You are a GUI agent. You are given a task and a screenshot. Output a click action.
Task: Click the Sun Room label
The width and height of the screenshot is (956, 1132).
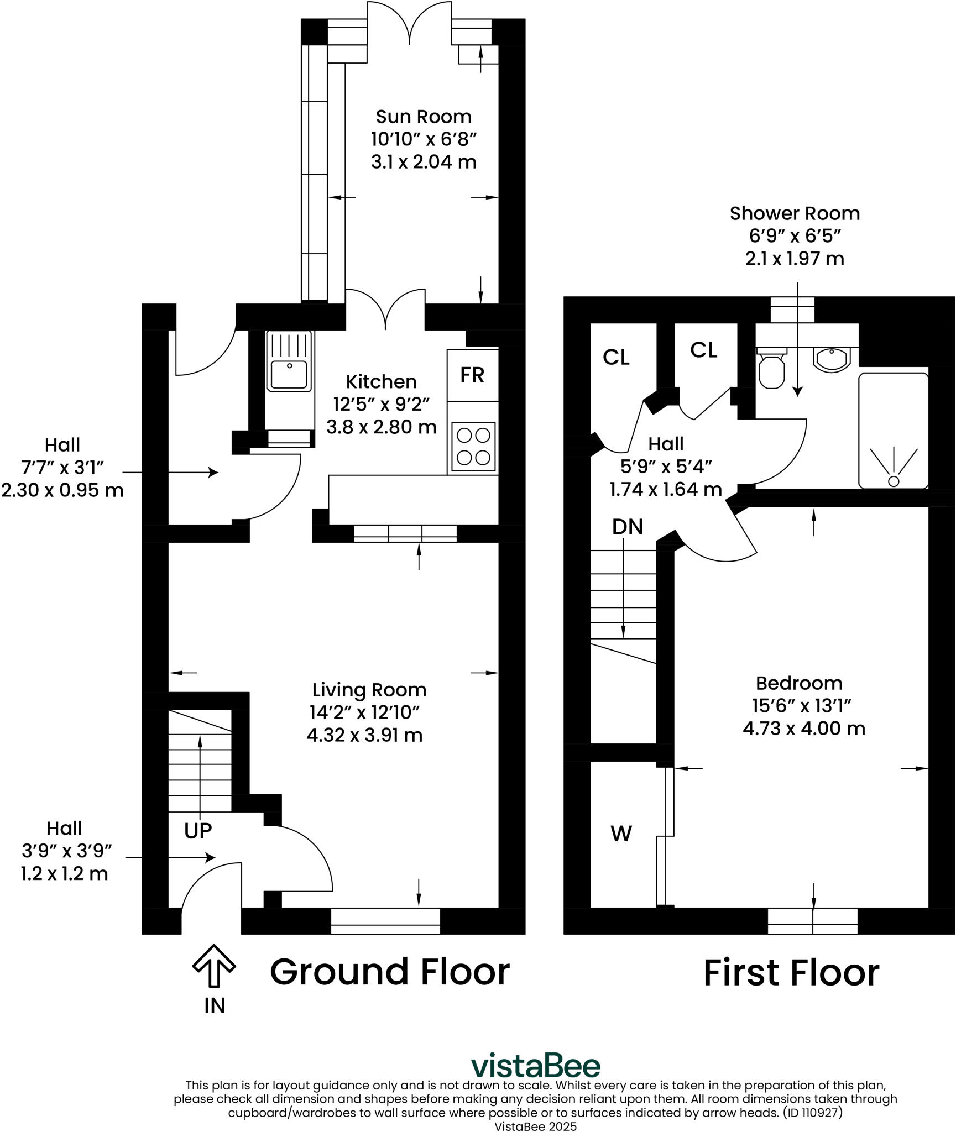tap(423, 117)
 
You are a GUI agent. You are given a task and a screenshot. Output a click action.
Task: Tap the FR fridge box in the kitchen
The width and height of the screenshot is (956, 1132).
tap(472, 375)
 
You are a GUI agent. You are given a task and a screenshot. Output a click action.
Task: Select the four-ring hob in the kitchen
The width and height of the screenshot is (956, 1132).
tap(473, 447)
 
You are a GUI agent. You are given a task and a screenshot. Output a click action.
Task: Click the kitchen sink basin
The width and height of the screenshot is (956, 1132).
tap(289, 374)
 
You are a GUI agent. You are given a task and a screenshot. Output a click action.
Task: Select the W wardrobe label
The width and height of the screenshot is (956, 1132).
tap(621, 833)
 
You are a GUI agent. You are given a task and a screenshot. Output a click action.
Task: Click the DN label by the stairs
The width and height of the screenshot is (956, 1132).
tap(627, 527)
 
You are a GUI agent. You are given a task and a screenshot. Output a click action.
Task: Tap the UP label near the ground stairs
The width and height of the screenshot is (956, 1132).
tap(198, 830)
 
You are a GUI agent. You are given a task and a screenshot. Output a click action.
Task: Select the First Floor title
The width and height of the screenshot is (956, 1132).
tap(791, 973)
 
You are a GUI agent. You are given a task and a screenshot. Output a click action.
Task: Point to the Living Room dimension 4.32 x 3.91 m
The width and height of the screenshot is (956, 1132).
tap(364, 735)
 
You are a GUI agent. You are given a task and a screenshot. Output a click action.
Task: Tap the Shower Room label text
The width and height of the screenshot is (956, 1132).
tap(794, 213)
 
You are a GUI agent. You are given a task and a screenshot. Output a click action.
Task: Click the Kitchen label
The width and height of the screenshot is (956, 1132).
tap(381, 382)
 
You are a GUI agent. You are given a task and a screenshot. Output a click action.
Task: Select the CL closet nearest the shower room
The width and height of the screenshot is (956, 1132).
tap(703, 350)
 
